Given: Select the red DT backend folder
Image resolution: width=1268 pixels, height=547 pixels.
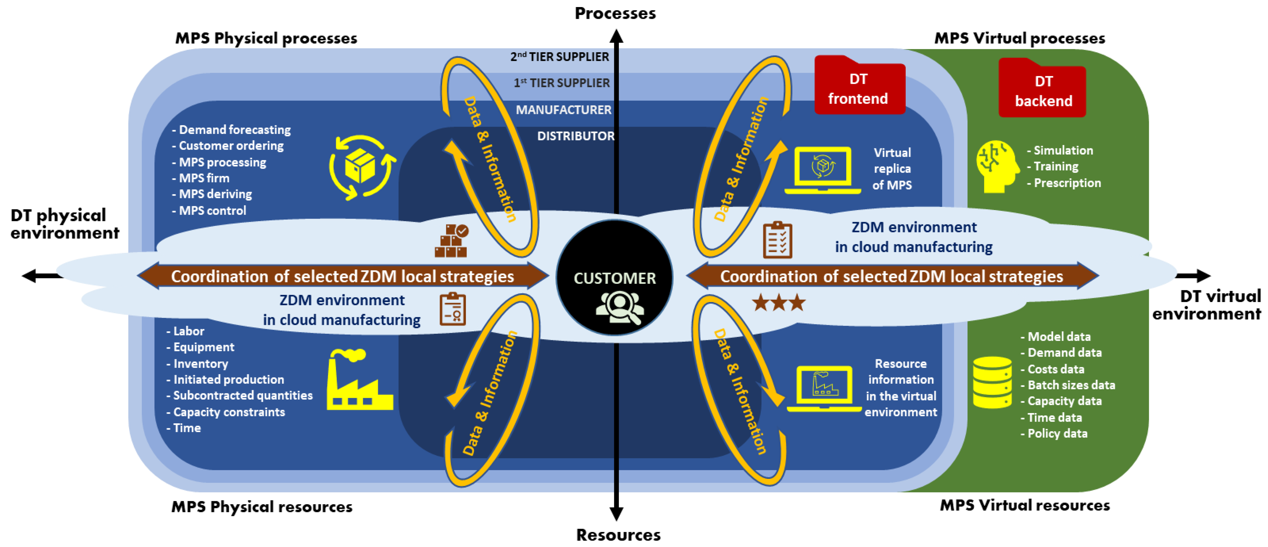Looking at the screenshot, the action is tap(1042, 87).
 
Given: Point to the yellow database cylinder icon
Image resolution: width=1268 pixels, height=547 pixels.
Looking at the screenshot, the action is tap(992, 382).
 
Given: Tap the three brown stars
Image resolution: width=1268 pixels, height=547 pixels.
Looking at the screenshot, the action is tap(779, 302).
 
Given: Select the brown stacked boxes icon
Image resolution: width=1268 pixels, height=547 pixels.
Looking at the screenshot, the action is tap(451, 241).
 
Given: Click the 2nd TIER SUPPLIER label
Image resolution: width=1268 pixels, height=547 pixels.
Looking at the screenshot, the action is tap(560, 57).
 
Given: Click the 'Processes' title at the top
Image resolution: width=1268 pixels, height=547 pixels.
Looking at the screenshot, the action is tap(615, 13).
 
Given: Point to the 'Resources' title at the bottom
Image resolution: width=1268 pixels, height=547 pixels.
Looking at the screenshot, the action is tap(618, 535).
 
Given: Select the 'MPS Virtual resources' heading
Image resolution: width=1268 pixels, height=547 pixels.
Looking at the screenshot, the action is tap(1025, 505).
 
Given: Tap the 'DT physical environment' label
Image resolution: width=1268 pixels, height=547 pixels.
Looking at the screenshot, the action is tap(65, 224).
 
